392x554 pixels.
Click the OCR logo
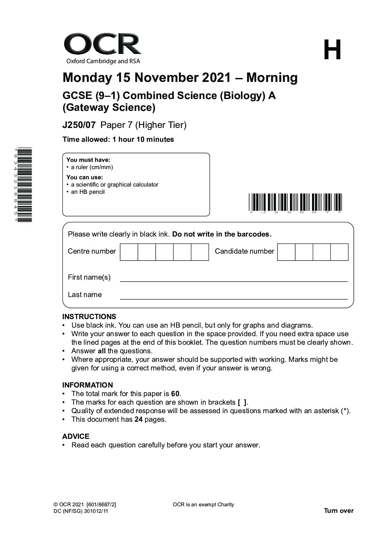click(x=102, y=48)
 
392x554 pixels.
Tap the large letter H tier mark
click(x=332, y=50)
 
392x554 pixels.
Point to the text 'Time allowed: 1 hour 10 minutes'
click(x=118, y=139)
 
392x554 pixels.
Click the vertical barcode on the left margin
click(x=25, y=185)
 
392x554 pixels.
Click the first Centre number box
click(x=129, y=252)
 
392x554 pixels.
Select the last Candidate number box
click(x=339, y=252)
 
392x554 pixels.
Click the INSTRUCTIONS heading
click(x=89, y=316)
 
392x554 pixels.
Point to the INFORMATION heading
click(x=88, y=385)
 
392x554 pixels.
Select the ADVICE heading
click(x=76, y=436)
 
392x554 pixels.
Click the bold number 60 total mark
click(x=175, y=394)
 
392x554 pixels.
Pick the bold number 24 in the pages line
click(x=138, y=419)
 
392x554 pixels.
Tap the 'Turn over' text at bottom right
click(x=339, y=511)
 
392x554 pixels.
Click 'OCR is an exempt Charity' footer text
click(x=203, y=505)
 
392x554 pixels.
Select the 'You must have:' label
click(x=88, y=160)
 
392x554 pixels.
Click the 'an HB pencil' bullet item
click(x=88, y=192)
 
